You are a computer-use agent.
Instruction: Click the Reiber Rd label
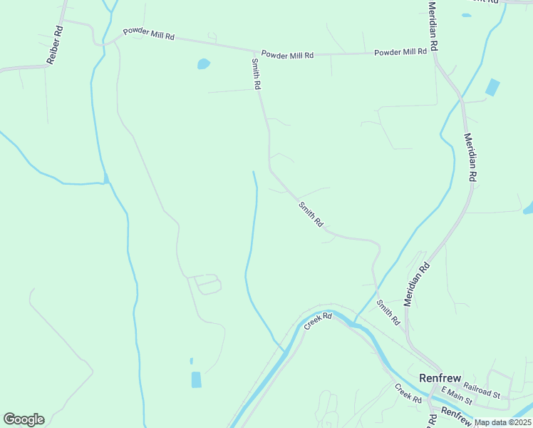54,46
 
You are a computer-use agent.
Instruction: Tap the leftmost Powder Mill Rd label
148,34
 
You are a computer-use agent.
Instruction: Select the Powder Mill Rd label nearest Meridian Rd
400,52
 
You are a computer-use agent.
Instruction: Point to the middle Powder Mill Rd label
287,54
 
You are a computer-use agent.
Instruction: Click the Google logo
24,419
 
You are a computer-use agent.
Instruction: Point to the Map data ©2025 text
502,422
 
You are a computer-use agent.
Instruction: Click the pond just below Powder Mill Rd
204,64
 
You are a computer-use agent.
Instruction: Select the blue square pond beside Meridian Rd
492,88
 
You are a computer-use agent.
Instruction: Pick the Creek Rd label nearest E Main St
408,394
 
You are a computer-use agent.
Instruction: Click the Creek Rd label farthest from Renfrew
319,320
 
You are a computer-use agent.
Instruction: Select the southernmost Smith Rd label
389,313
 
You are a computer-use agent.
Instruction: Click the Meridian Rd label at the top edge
433,25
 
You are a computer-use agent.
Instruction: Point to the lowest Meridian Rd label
418,285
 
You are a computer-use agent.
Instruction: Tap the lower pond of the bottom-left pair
196,379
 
